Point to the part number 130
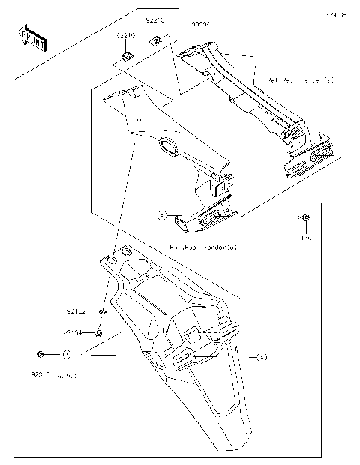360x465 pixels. [306, 238]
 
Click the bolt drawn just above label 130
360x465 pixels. [306, 218]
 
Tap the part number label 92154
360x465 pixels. [73, 331]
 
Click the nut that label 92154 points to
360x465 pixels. [99, 330]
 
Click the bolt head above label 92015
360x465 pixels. [40, 354]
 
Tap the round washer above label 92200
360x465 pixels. [66, 355]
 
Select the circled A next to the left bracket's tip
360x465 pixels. [161, 214]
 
